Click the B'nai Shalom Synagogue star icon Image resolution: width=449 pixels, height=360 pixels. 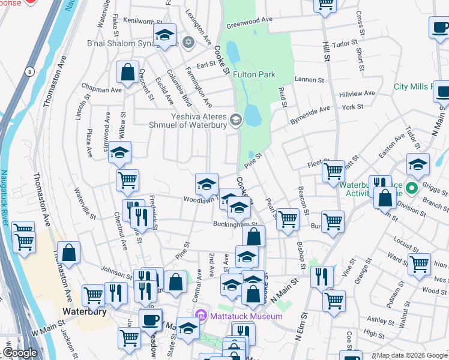(188, 42)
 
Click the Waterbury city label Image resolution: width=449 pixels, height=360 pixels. (85, 311)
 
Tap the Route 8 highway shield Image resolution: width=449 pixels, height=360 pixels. (29, 72)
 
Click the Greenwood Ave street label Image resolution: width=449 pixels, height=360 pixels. (249, 22)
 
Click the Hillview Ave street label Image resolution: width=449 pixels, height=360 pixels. (357, 94)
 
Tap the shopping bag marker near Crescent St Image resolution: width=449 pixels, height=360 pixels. (128, 73)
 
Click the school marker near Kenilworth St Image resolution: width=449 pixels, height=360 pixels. (164, 35)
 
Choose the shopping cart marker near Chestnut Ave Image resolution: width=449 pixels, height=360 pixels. (127, 179)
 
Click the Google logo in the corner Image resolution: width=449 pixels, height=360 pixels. (20, 353)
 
